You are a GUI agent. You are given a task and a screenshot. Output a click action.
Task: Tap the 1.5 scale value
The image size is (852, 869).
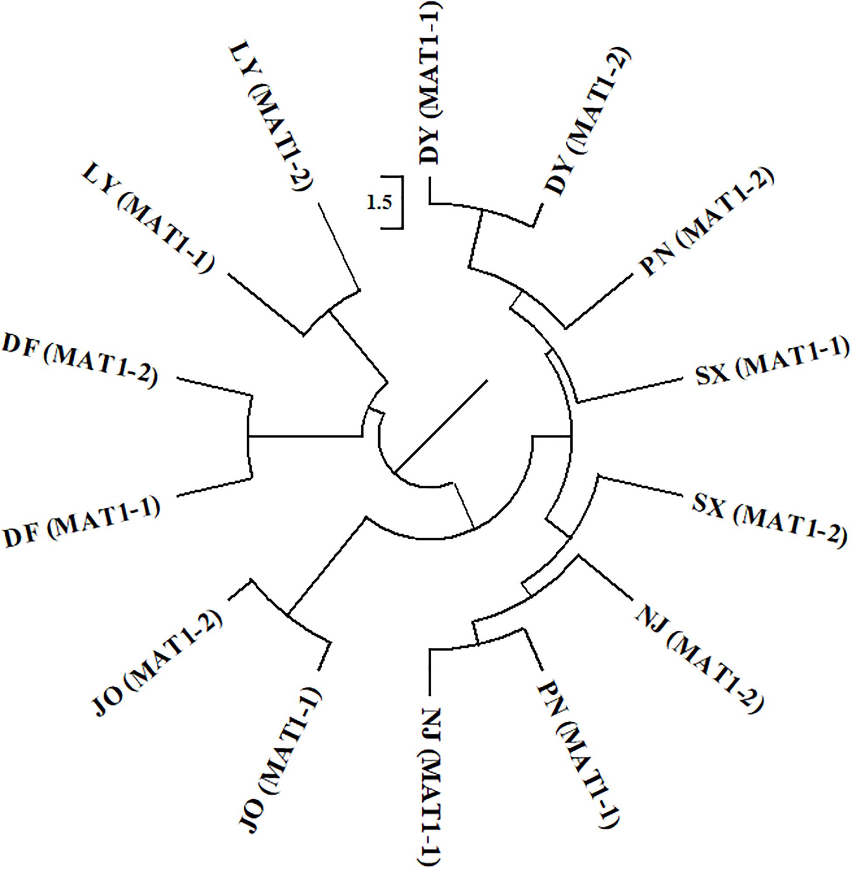379,203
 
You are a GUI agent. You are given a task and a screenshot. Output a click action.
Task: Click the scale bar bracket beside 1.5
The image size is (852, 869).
402,203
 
